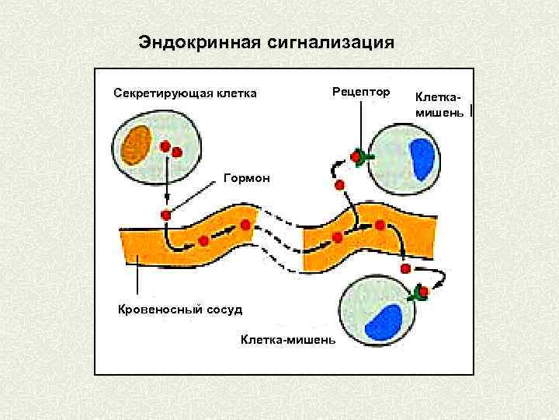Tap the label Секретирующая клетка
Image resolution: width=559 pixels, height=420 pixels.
(x=185, y=94)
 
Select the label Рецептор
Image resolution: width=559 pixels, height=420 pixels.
(x=360, y=91)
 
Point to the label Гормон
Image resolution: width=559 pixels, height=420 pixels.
(x=247, y=179)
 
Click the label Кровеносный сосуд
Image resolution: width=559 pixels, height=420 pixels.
(x=180, y=310)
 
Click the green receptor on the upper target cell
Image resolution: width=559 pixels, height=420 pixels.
(x=361, y=157)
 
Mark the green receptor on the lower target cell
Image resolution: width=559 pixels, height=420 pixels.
(x=422, y=292)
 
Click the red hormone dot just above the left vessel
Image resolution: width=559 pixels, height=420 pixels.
(x=165, y=215)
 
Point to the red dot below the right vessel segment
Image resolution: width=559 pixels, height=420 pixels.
(x=405, y=268)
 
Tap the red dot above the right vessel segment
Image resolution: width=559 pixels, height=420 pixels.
(x=340, y=185)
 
